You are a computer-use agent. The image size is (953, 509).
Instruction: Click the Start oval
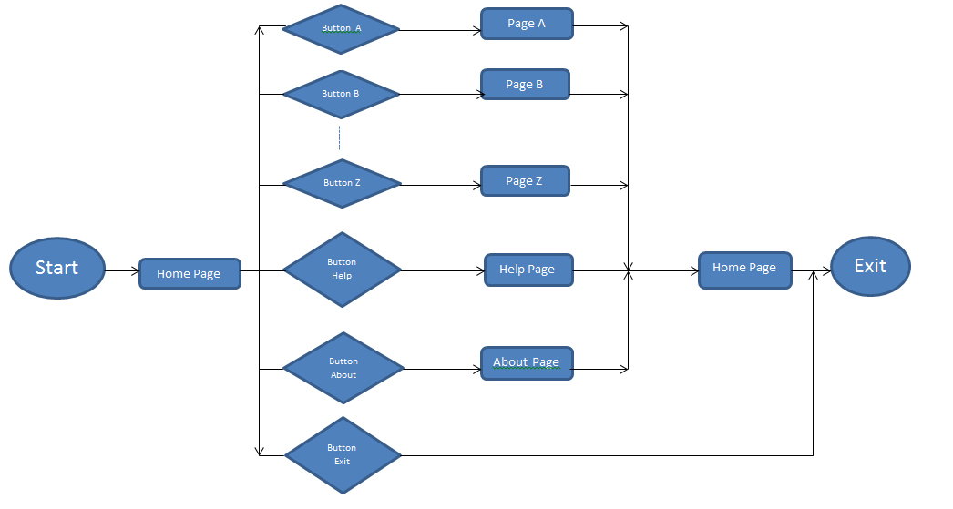click(57, 268)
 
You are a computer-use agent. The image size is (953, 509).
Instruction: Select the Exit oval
click(870, 266)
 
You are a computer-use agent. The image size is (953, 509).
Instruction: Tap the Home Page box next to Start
click(190, 273)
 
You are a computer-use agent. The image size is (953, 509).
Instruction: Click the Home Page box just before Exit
click(744, 270)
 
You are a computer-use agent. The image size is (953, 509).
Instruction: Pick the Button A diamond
click(342, 29)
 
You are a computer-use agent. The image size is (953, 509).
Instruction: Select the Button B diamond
click(342, 94)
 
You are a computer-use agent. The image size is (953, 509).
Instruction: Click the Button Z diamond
click(342, 183)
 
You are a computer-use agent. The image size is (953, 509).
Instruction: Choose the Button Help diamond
click(342, 270)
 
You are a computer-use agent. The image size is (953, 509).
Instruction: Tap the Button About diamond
click(343, 368)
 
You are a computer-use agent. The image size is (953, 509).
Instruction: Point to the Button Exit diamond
click(343, 454)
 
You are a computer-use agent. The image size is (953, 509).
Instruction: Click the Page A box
click(527, 25)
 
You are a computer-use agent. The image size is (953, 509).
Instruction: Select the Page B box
click(525, 85)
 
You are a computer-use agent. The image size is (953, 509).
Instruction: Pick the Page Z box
click(525, 181)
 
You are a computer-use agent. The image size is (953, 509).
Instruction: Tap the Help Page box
click(528, 270)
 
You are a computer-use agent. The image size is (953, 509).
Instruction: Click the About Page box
click(527, 362)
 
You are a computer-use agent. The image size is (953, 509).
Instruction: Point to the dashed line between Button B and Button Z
click(339, 138)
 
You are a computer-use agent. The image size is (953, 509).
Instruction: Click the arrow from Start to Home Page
click(122, 270)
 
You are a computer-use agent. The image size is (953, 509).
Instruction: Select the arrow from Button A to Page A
click(440, 30)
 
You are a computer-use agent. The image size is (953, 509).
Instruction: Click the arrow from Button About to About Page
click(441, 369)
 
